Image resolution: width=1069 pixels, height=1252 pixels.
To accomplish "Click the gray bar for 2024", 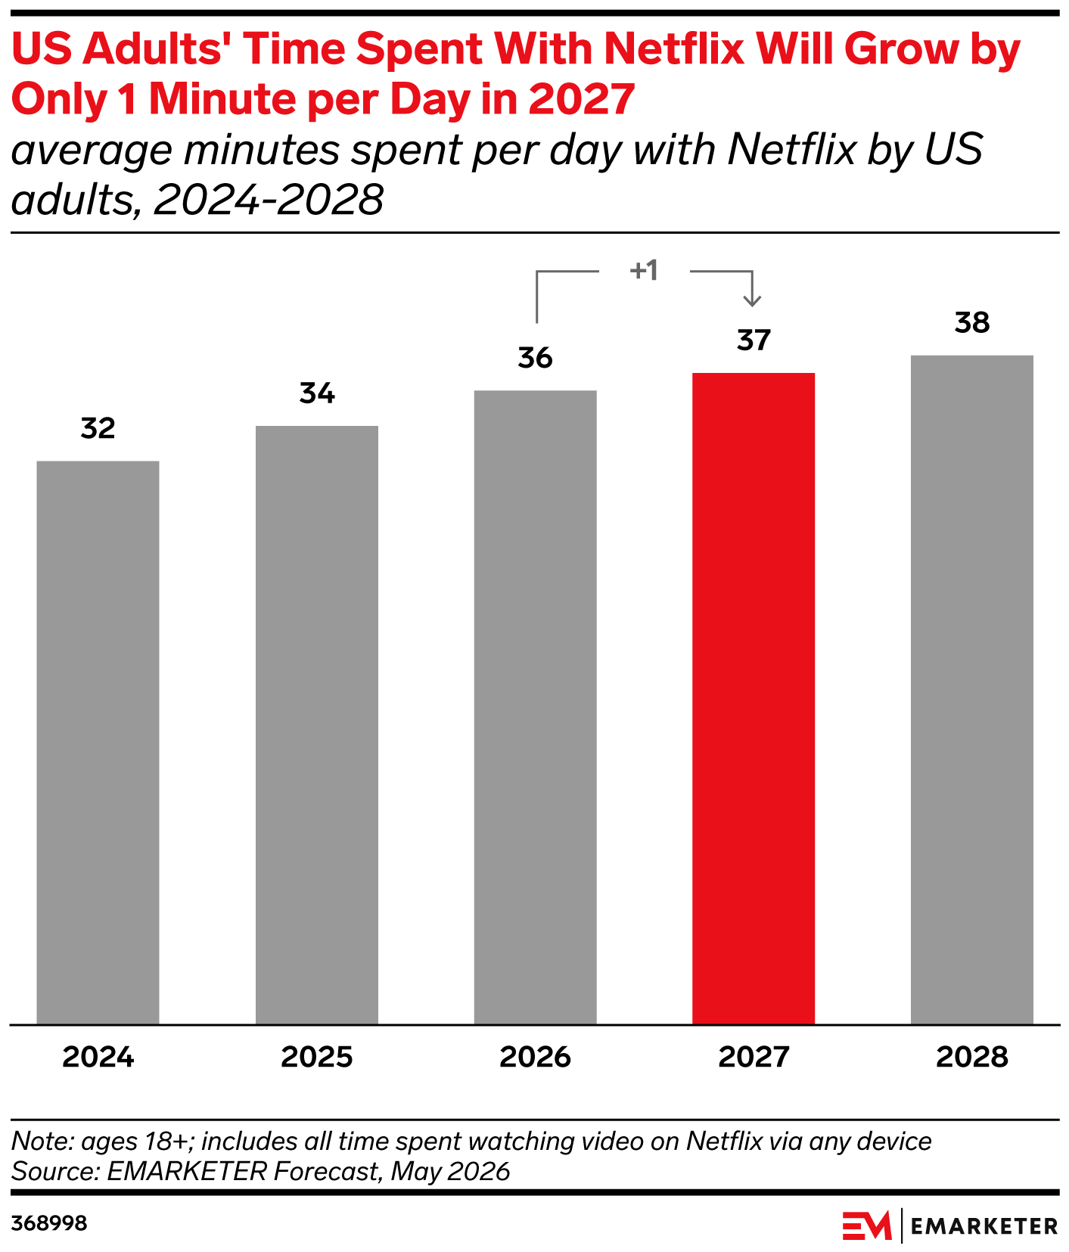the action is [x=98, y=742].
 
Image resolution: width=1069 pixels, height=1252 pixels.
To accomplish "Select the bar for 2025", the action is [x=317, y=725].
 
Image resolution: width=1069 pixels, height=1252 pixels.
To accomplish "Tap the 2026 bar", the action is [x=536, y=707].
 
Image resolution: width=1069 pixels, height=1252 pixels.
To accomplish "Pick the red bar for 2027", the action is [x=754, y=698].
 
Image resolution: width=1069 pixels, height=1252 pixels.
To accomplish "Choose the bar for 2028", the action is [x=972, y=690].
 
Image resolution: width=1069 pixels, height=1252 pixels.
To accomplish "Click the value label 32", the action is [x=98, y=429].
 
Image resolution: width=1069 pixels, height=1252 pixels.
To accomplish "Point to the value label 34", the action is [x=317, y=393].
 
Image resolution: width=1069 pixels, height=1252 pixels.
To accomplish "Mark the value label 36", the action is [x=536, y=358].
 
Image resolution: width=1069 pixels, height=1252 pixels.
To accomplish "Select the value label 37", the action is [x=754, y=340].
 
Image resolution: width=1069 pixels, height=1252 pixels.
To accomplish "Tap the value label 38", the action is [x=972, y=323].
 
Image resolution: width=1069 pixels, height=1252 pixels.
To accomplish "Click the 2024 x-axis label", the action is [x=98, y=1057].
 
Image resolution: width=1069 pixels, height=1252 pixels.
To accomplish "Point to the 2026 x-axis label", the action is [x=536, y=1057].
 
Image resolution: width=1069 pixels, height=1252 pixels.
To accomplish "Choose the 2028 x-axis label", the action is [x=972, y=1057].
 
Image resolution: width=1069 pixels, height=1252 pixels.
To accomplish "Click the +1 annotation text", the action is [x=644, y=270].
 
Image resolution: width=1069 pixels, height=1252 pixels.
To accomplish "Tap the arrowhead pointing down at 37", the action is [x=752, y=301].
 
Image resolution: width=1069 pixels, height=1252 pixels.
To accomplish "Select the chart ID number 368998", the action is [x=49, y=1223].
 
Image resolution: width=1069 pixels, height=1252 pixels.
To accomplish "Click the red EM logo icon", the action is [x=867, y=1226].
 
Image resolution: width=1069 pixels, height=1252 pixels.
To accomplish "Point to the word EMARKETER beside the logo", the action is [x=984, y=1226].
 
